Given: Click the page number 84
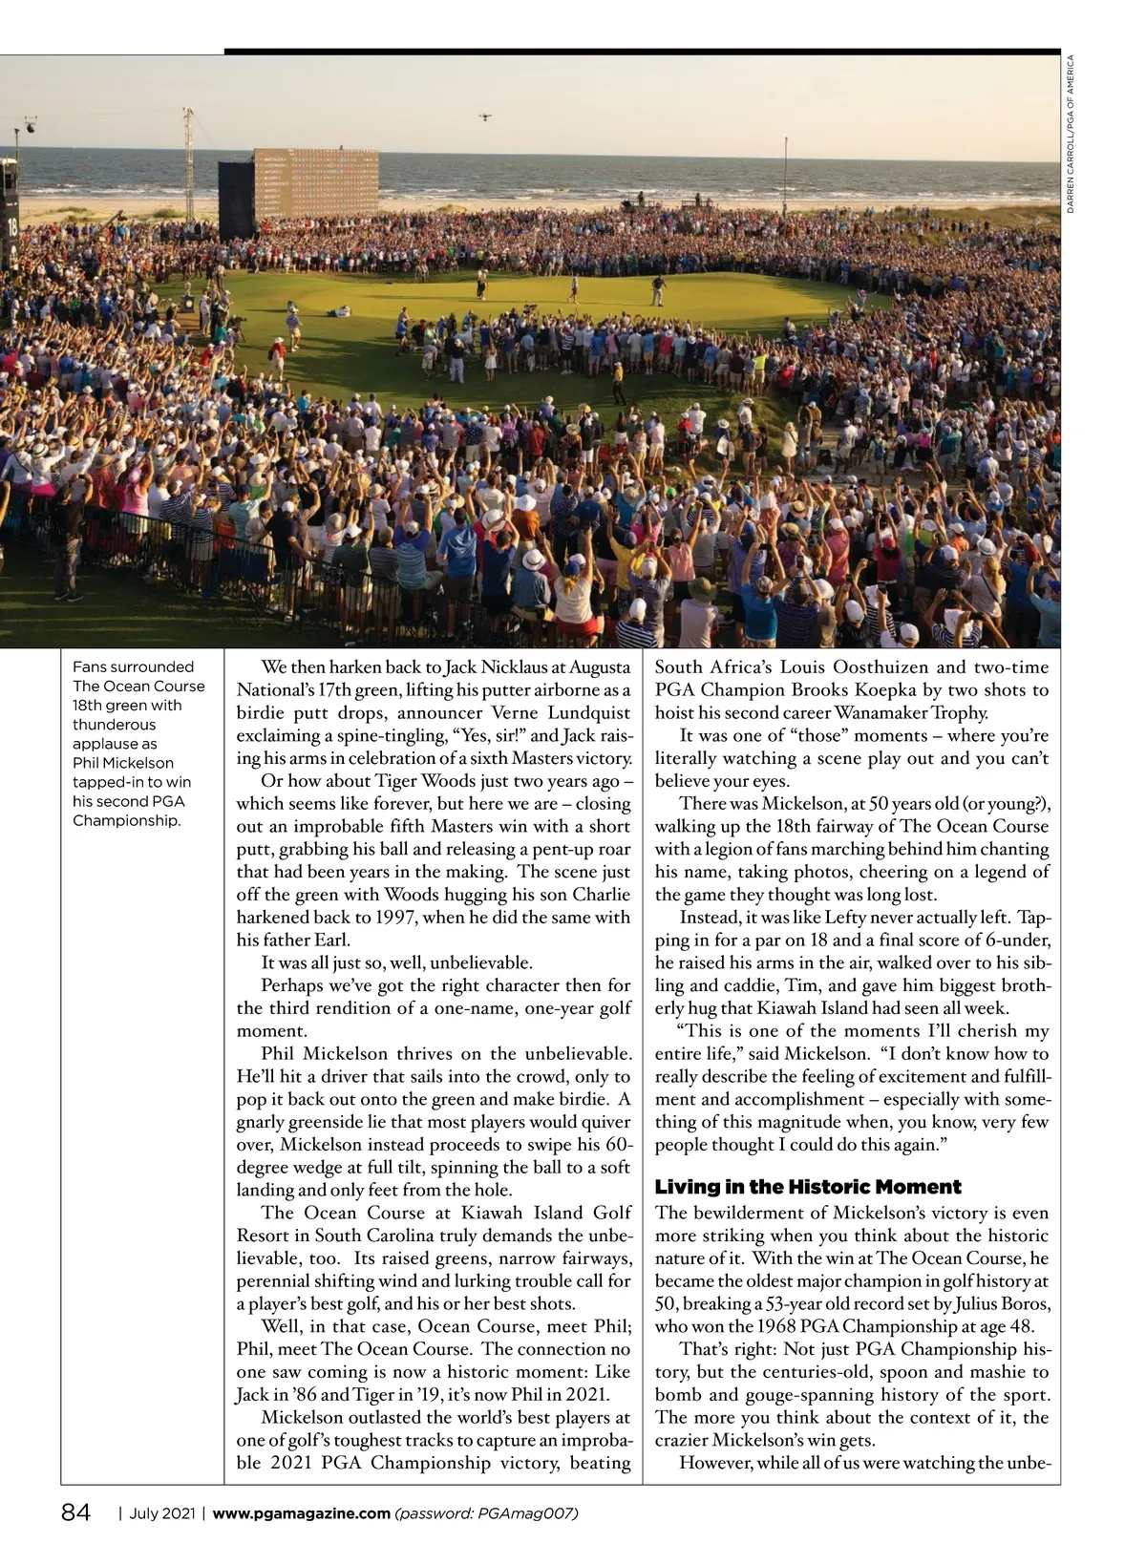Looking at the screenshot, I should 75,1513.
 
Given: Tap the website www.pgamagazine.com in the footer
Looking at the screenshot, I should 301,1513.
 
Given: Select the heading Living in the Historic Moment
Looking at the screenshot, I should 808,1187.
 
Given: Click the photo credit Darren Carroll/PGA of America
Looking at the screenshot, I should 1071,134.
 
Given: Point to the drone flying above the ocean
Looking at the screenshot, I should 484,116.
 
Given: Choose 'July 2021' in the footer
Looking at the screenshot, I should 162,1513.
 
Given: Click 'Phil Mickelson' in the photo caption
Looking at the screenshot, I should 123,763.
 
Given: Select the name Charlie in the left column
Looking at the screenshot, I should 601,895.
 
